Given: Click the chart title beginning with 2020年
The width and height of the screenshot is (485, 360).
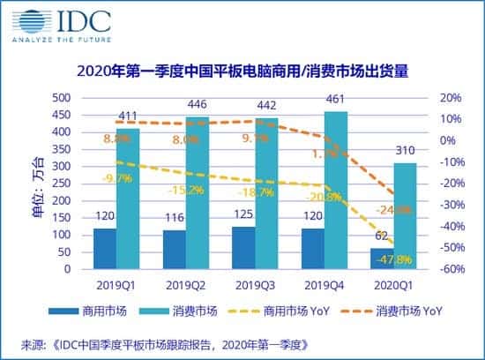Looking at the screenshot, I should [242, 71].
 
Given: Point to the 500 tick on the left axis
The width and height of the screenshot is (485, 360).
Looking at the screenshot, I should [61, 97].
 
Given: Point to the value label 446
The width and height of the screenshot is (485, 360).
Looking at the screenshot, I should [198, 103].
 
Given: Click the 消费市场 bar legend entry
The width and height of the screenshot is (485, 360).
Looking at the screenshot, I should [181, 312].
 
